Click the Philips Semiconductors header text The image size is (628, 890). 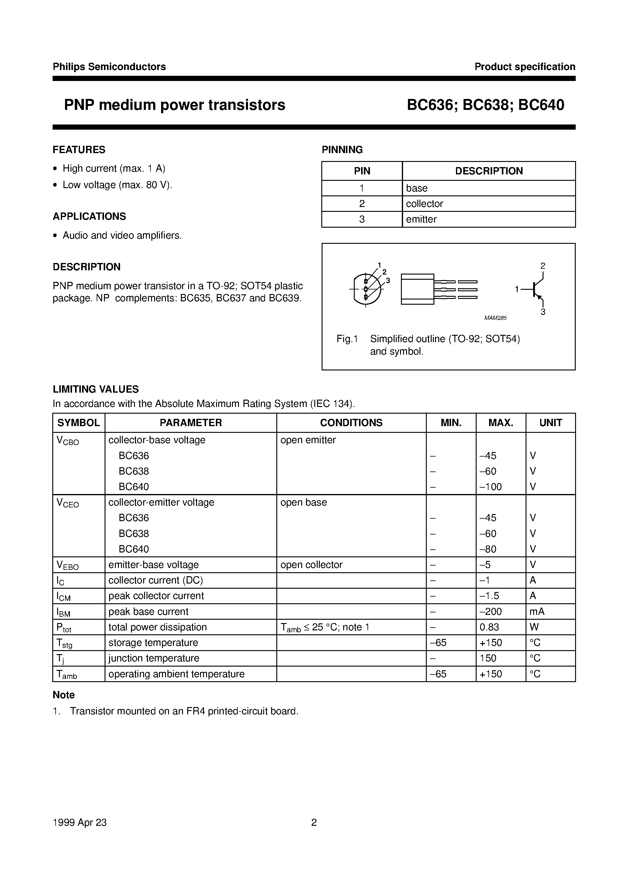tap(109, 67)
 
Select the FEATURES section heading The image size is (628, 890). tap(79, 150)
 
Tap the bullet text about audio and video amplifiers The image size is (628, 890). tap(122, 235)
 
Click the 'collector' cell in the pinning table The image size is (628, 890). tap(424, 204)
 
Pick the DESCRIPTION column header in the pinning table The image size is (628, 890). tap(488, 171)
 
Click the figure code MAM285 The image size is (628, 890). tap(495, 318)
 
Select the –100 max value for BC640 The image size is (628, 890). tap(491, 486)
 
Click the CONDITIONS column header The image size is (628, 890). tap(351, 422)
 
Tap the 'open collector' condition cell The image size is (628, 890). tap(311, 564)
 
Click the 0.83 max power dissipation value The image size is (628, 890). tap(489, 627)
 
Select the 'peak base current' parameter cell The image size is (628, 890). tap(148, 611)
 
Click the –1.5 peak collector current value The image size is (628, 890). tap(489, 595)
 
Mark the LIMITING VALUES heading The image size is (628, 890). tap(96, 389)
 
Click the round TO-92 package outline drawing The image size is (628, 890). tap(366, 289)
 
